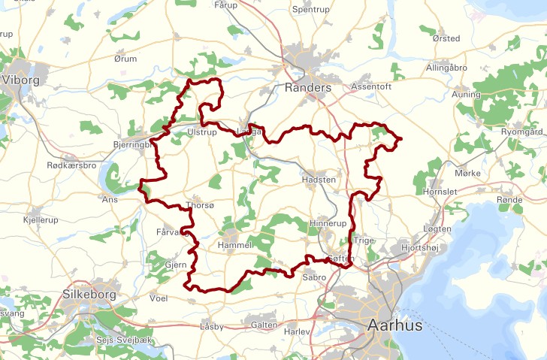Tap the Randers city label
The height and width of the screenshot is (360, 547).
tap(308, 88)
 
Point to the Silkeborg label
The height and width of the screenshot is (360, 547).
tap(89, 295)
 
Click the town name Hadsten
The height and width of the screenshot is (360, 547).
tap(318, 180)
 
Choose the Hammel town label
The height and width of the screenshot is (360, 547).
tap(233, 246)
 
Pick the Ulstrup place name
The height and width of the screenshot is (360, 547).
tap(201, 132)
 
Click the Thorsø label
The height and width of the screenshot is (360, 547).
tap(199, 206)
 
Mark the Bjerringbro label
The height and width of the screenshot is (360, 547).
tap(131, 143)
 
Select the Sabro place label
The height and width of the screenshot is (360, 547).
tap(313, 277)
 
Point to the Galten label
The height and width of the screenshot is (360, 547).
tap(264, 325)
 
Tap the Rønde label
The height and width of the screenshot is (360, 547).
tap(509, 200)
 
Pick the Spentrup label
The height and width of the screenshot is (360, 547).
tap(312, 10)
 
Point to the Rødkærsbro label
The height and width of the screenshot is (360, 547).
tap(71, 165)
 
